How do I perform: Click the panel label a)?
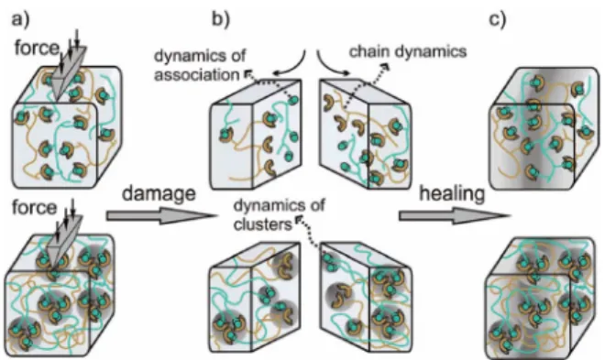tap(20, 18)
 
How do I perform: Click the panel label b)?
tap(221, 18)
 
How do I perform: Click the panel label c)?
tap(498, 18)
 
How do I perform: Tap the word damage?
tap(159, 192)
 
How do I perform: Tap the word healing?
tap(452, 193)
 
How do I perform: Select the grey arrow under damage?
tap(161, 216)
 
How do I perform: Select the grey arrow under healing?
tap(454, 216)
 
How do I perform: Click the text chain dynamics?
tap(408, 51)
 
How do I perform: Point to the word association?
tap(197, 75)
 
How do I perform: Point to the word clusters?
tap(262, 224)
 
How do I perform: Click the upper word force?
tap(37, 49)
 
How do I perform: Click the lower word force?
tap(34, 207)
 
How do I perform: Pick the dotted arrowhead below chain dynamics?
tap(385, 68)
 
